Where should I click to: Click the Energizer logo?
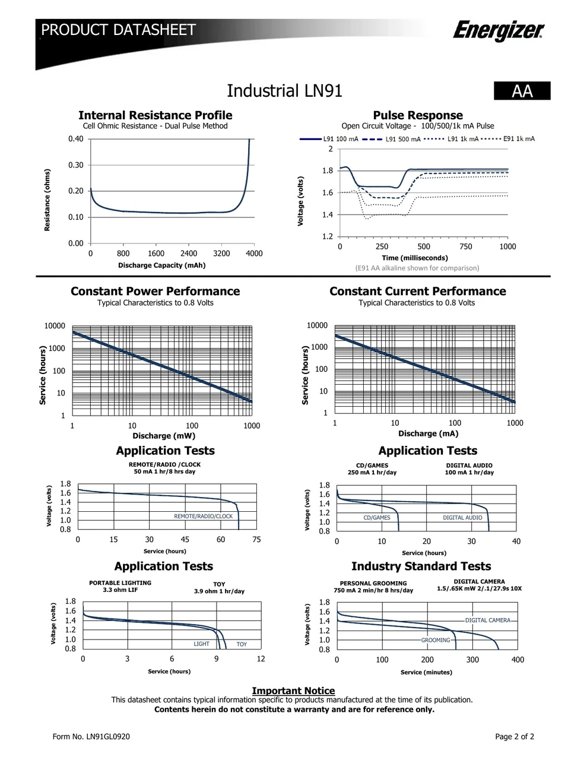(x=499, y=30)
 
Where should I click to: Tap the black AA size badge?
(x=522, y=91)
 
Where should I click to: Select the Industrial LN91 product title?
(x=284, y=91)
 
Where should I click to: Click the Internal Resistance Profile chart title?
(x=156, y=115)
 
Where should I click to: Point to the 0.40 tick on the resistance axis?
(x=76, y=139)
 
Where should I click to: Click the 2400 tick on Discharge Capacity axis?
(x=188, y=253)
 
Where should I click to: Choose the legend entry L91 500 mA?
(x=391, y=139)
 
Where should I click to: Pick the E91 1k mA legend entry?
(x=508, y=139)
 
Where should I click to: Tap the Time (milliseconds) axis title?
(x=415, y=258)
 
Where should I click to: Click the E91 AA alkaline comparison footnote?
(x=417, y=268)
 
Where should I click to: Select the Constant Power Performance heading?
(x=156, y=291)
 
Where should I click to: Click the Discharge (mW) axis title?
(x=164, y=436)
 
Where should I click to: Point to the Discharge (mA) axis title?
(x=429, y=433)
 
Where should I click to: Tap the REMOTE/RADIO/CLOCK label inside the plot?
(x=203, y=516)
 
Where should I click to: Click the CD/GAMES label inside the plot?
(x=377, y=518)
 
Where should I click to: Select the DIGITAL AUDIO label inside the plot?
(x=462, y=518)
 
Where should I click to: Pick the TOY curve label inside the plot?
(x=242, y=644)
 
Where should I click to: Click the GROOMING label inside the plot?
(x=435, y=640)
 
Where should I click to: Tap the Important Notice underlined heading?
(x=293, y=691)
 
